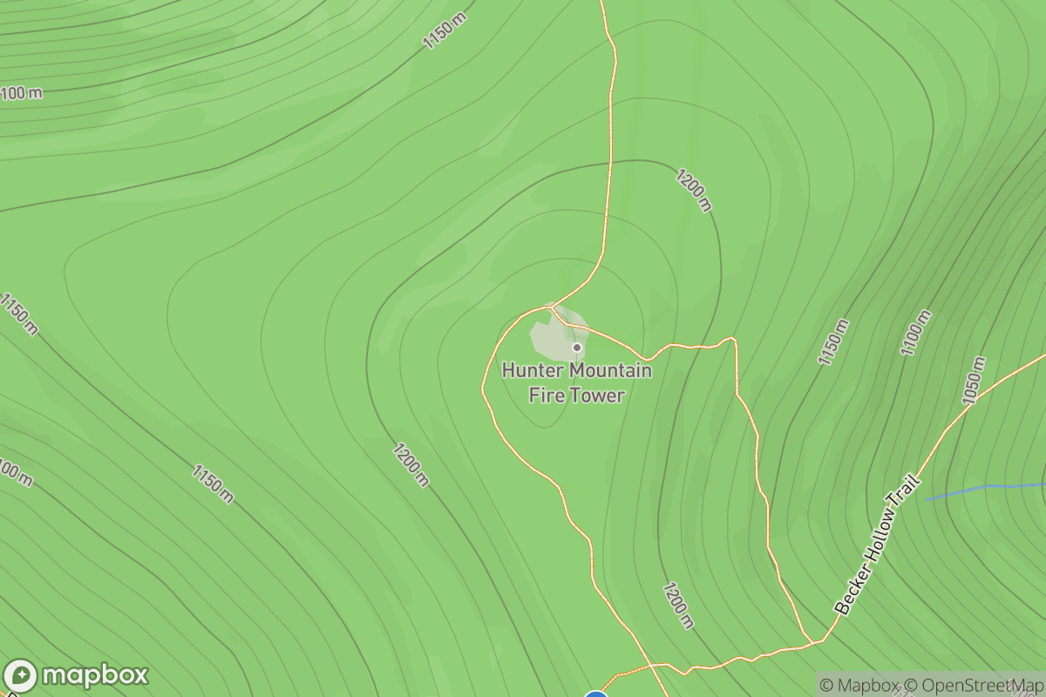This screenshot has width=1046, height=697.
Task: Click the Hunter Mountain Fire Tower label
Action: coord(576,383)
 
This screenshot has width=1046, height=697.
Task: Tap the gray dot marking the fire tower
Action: coord(576,348)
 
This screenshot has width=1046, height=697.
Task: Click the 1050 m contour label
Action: coord(975,382)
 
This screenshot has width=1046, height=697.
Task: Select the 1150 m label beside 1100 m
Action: coord(833,342)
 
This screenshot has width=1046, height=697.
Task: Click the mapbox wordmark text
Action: coord(95,675)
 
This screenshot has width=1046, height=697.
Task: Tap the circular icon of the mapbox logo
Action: coord(21,676)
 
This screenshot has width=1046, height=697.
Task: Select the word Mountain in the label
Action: coord(609,371)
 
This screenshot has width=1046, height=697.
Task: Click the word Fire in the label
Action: coord(546,396)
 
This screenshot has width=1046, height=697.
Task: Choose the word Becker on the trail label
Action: coord(848,592)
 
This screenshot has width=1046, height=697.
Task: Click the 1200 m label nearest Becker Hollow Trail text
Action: coord(678,605)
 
